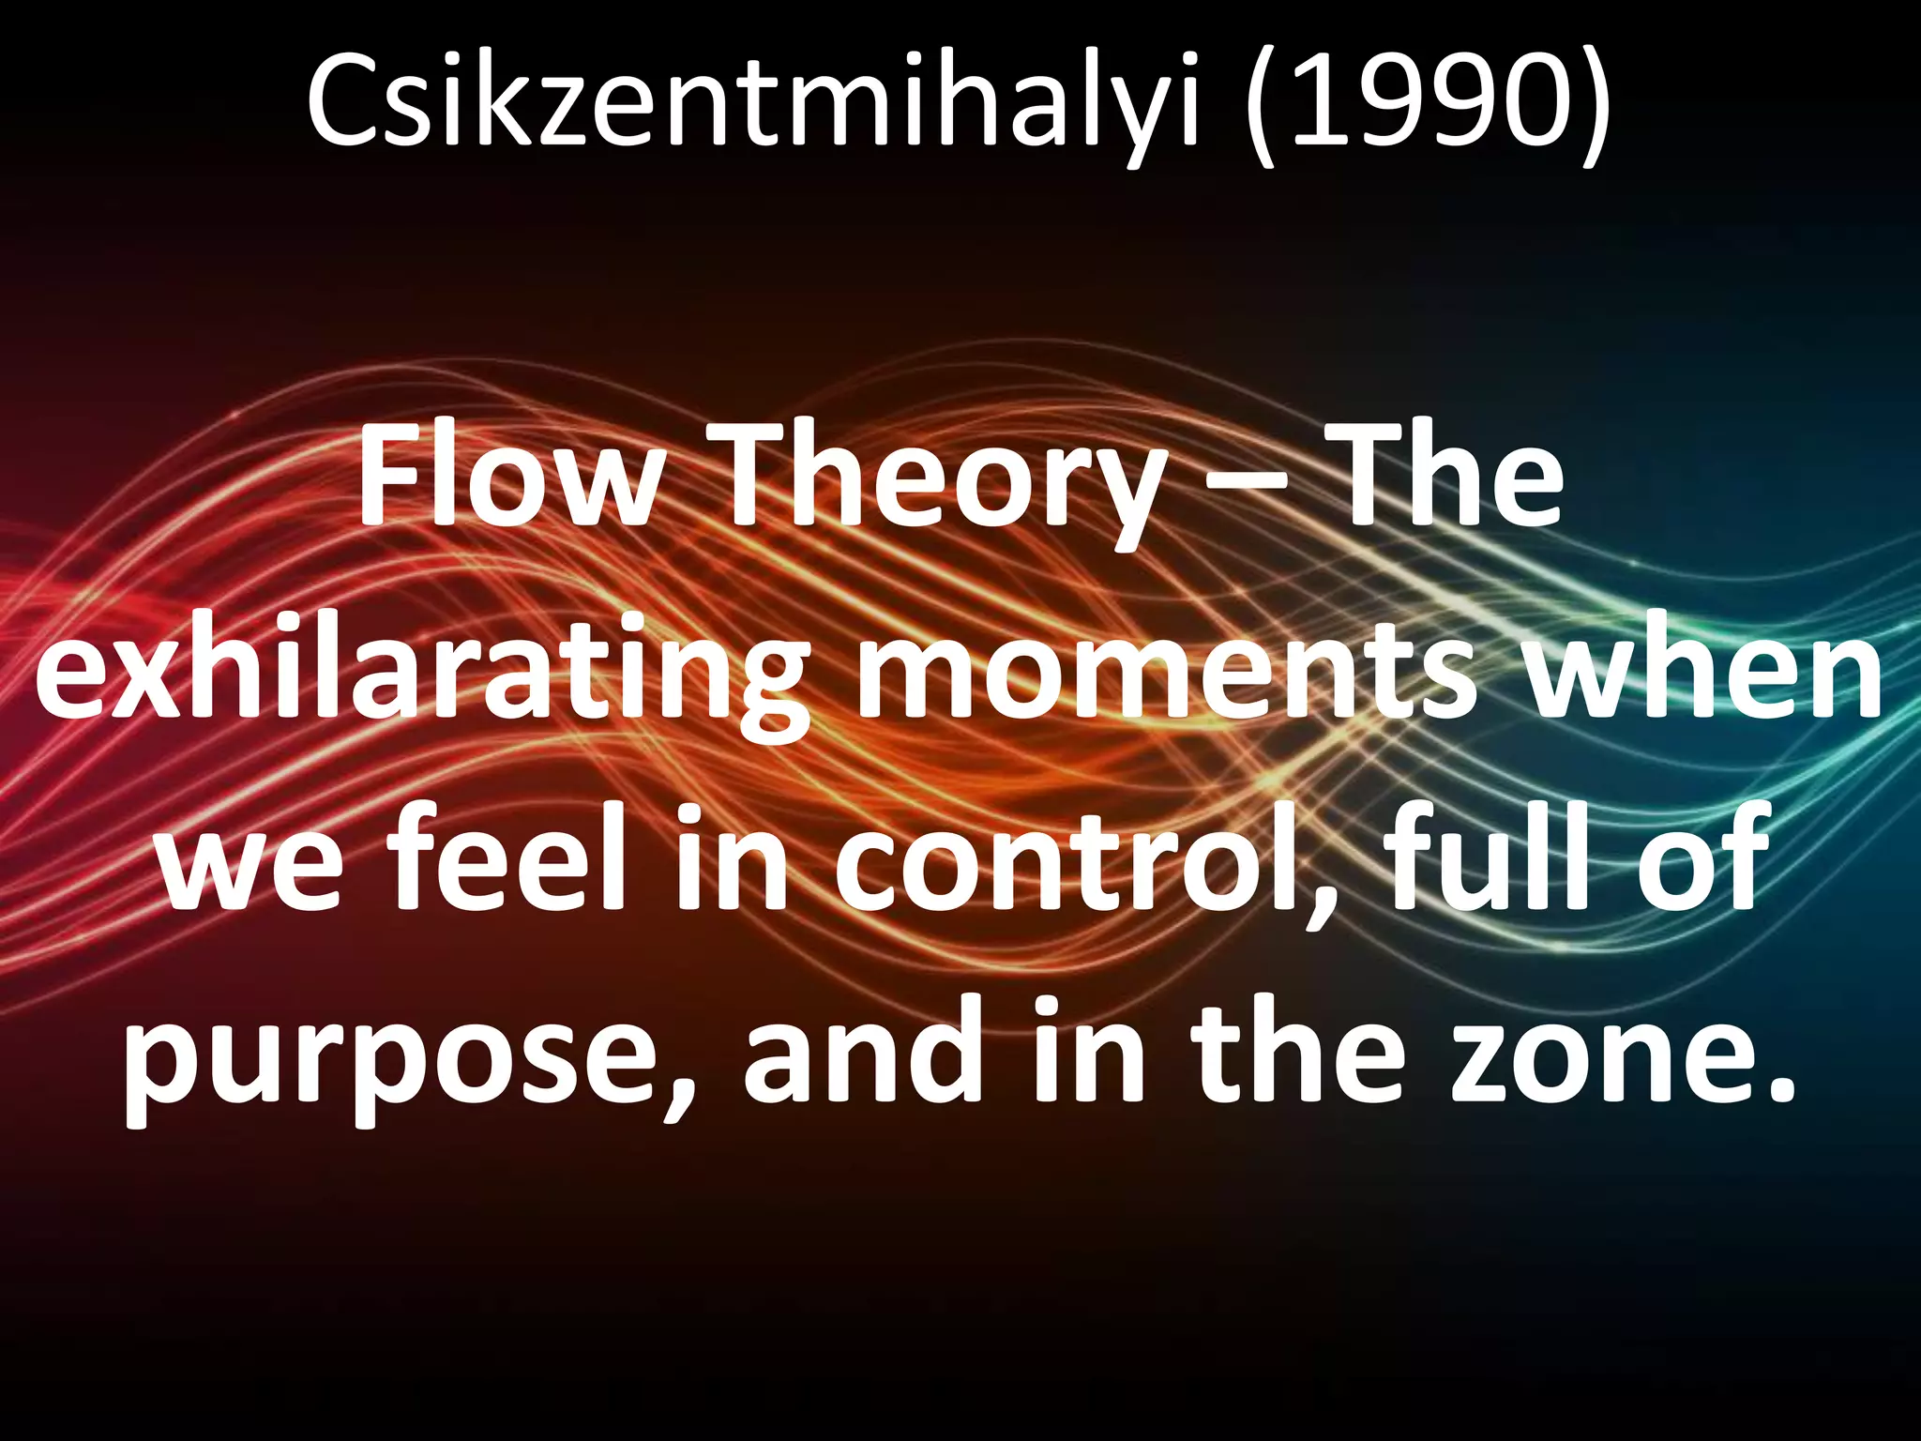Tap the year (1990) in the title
1429,100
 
